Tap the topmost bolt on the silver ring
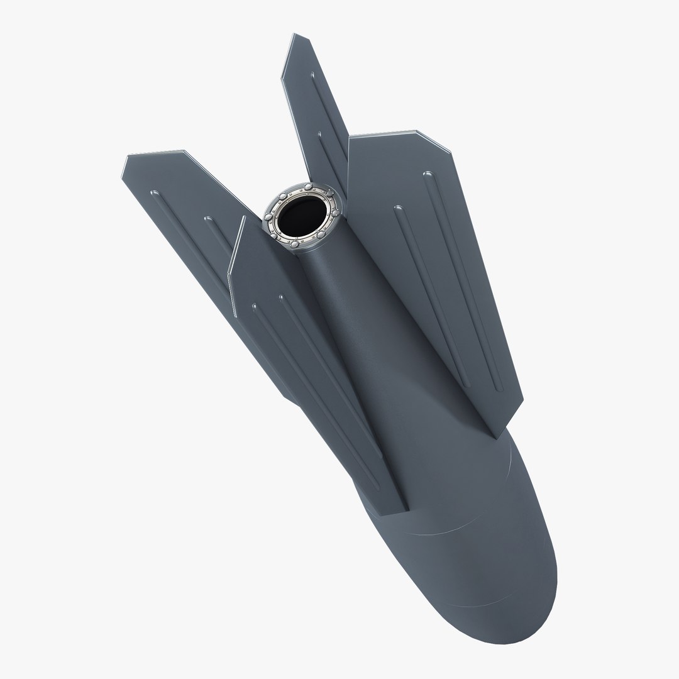[x=309, y=188]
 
